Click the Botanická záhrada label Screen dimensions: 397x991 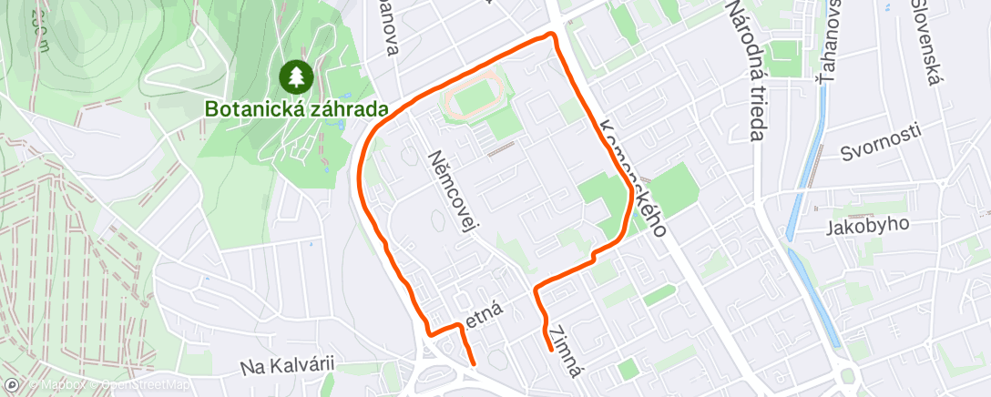coord(296,108)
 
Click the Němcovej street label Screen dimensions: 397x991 coord(453,189)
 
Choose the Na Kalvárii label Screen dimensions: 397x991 coord(288,366)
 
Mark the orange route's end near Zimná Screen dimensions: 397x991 coord(550,349)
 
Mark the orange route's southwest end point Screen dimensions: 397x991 coord(473,363)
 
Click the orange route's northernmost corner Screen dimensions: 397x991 coord(550,35)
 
